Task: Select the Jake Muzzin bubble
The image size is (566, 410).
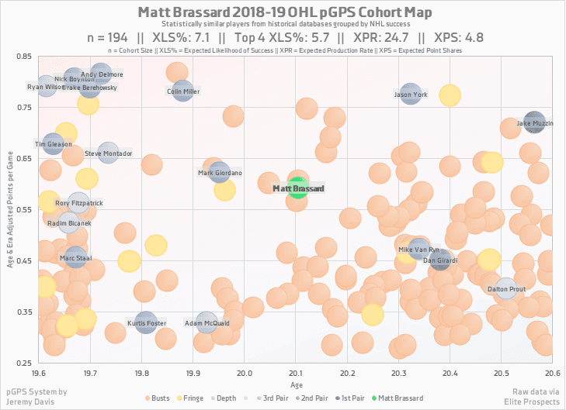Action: point(533,122)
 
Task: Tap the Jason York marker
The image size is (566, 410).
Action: point(411,95)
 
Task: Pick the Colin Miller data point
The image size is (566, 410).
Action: point(183,91)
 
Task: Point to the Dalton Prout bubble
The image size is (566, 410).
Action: point(505,288)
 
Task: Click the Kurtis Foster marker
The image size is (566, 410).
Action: point(146,322)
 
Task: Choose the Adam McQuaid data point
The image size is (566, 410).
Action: point(206,322)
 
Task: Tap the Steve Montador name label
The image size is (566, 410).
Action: point(109,153)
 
